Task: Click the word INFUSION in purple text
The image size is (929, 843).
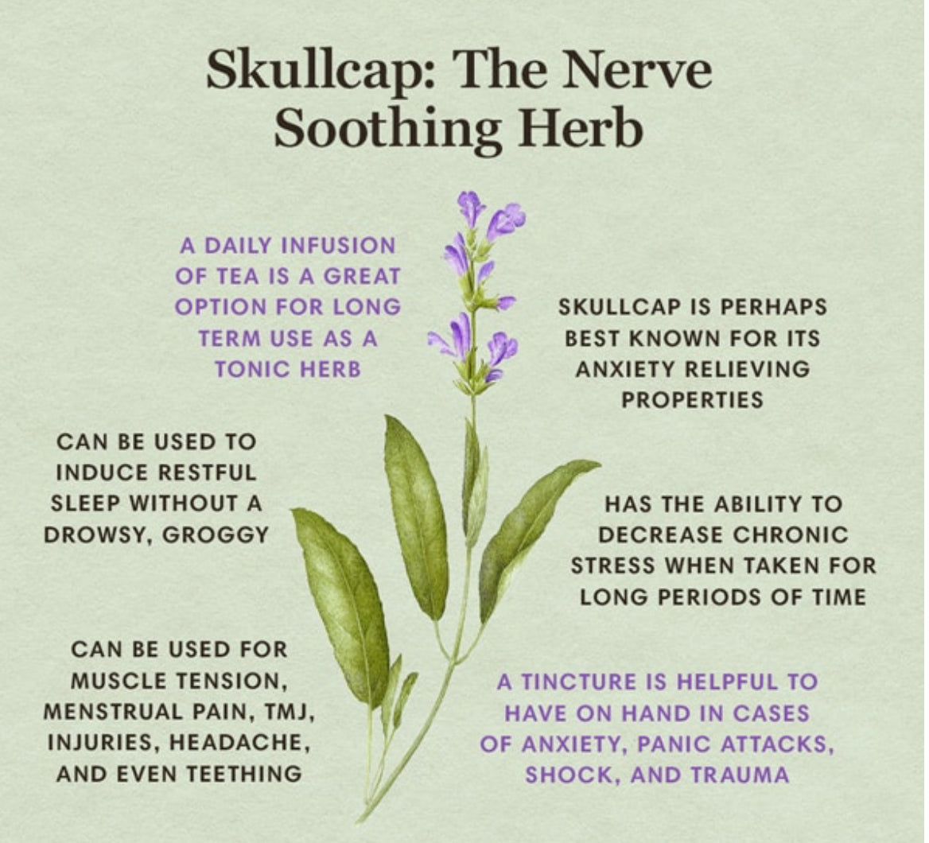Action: [x=337, y=245]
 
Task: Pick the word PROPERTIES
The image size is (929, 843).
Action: [x=693, y=400]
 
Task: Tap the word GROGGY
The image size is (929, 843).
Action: [x=216, y=534]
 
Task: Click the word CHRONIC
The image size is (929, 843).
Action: [x=791, y=534]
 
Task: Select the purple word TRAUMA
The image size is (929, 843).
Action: [x=740, y=774]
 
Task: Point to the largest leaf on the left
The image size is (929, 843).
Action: [x=343, y=604]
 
